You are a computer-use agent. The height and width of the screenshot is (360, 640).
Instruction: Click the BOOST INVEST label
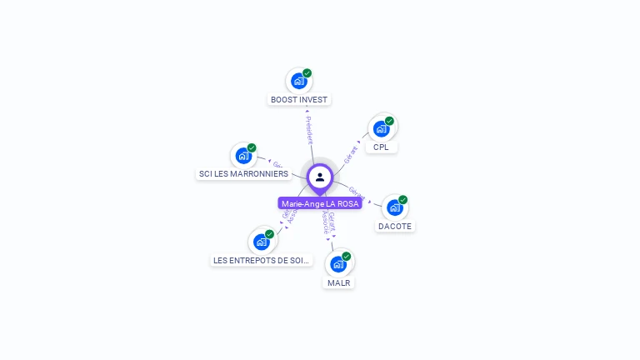299,99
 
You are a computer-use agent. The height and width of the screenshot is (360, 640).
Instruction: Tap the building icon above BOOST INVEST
297,82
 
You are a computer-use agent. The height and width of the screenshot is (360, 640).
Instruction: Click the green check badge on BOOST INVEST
307,73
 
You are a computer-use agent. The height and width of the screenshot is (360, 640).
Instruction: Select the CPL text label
381,147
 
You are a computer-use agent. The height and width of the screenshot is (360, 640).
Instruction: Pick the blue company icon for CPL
381,129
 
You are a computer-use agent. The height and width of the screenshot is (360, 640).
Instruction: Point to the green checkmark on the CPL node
389,121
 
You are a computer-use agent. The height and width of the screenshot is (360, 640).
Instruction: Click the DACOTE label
394,226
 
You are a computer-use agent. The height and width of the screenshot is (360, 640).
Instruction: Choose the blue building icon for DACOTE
394,207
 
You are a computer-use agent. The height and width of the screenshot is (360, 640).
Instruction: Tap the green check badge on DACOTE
402,200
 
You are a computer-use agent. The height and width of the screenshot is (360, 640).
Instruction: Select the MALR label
338,282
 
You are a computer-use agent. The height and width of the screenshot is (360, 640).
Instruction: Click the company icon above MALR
337,264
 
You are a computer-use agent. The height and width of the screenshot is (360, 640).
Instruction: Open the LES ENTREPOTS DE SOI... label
261,260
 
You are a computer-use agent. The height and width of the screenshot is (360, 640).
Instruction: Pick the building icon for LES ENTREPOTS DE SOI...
262,242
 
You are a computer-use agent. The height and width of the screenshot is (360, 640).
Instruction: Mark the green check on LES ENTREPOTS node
270,234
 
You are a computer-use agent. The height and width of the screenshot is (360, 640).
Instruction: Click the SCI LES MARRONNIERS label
243,173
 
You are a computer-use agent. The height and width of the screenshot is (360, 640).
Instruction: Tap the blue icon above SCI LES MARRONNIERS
243,156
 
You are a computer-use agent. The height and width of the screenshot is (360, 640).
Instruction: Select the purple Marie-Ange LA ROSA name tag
320,203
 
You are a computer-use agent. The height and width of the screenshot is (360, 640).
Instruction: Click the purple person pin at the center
320,177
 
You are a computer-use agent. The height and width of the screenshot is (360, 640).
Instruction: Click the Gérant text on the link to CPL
351,152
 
